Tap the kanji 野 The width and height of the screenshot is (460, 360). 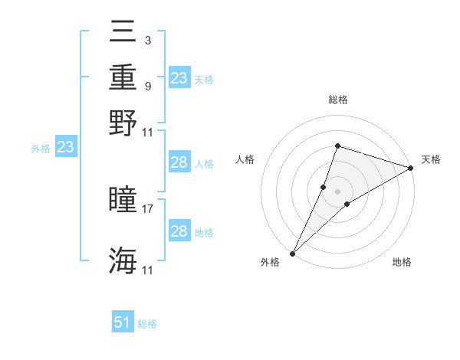click(123, 122)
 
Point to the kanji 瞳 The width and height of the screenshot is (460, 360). click(123, 200)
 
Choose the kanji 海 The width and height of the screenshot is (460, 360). click(123, 260)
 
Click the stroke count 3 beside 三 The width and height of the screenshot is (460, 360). click(147, 40)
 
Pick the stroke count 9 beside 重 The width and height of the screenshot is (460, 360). click(147, 86)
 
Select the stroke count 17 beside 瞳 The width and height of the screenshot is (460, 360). click(149, 207)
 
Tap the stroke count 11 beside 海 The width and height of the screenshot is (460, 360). click(149, 270)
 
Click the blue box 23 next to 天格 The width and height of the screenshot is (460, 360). click(179, 78)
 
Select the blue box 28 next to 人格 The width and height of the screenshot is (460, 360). click(179, 162)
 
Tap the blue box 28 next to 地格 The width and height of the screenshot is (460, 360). click(179, 231)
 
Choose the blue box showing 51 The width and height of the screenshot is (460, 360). click(123, 322)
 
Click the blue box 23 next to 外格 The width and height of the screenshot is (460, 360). click(65, 148)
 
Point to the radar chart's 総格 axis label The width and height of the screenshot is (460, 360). click(337, 100)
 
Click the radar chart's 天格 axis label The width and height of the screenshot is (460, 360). click(431, 159)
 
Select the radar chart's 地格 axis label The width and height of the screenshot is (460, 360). click(402, 262)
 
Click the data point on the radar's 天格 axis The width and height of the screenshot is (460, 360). click(411, 168)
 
